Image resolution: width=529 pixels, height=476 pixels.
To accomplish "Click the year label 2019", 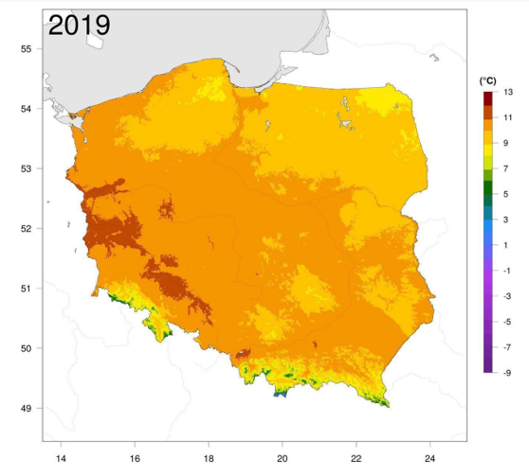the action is click(x=80, y=25).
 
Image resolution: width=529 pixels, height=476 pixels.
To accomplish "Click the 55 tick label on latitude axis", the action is click(x=26, y=49).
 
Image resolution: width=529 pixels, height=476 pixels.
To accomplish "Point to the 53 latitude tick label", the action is click(x=26, y=168).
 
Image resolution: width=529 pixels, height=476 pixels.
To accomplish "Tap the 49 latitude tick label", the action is click(x=26, y=408).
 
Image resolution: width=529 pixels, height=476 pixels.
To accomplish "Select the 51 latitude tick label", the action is click(x=26, y=289).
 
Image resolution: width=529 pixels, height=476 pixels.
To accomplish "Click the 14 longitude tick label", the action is click(x=61, y=458).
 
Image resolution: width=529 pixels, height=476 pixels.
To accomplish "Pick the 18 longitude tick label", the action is click(x=209, y=458).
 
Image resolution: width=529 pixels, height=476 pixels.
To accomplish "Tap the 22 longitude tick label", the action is click(x=356, y=458).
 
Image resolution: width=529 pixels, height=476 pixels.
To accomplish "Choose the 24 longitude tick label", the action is click(x=429, y=458).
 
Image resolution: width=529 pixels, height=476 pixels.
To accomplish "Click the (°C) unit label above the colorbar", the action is click(x=488, y=80).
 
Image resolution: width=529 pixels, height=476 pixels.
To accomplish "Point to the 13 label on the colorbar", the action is click(x=508, y=92).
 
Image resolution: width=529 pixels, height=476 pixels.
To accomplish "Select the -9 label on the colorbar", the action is click(x=507, y=373).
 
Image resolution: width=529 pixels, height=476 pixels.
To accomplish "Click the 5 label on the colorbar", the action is click(x=505, y=194).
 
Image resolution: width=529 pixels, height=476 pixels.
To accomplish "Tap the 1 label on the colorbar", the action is click(x=505, y=245).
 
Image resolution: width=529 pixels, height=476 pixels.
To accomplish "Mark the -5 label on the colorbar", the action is click(x=507, y=322).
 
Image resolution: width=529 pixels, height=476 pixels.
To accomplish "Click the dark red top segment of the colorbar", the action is click(x=488, y=98).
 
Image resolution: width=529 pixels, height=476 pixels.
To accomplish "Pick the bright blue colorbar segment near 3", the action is click(x=488, y=226).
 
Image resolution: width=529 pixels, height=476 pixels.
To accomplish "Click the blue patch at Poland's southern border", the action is click(x=281, y=394).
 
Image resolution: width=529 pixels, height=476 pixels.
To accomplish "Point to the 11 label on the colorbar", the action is click(x=508, y=117).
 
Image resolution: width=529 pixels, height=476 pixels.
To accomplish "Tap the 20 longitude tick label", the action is click(x=283, y=458).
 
